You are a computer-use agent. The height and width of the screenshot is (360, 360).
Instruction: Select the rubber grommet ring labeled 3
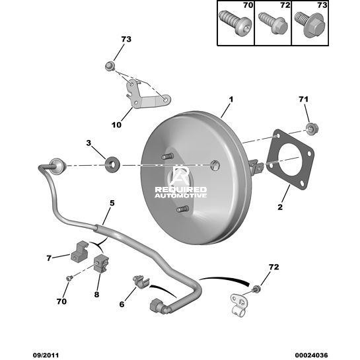coord(112,164)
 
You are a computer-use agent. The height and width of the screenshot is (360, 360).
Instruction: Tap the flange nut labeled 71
coord(312,128)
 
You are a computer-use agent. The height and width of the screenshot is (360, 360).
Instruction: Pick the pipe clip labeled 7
coord(80,252)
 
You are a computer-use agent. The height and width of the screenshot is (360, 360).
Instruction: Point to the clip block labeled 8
coord(101,264)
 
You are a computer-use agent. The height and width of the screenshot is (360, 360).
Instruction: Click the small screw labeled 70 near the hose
coord(69,278)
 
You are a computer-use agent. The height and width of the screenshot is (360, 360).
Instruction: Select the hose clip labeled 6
coord(141,282)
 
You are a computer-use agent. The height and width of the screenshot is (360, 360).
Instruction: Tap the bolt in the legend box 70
coord(235,23)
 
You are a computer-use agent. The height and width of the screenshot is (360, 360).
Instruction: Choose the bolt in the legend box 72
coord(273,23)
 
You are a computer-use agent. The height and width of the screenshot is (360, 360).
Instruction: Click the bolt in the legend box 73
coord(310,24)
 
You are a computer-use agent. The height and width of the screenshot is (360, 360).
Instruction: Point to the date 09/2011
coord(46,355)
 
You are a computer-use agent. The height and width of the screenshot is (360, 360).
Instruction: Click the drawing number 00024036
coord(311,355)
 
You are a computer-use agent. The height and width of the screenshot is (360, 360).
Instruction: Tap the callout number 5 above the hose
coord(112,203)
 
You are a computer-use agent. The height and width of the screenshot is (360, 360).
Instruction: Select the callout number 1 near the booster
coord(231,100)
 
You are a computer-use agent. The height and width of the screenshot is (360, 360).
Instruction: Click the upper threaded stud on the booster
coord(167,157)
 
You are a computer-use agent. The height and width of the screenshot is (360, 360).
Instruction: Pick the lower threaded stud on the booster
coord(183,209)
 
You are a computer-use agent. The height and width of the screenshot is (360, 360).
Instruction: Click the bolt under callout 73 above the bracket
coord(110,67)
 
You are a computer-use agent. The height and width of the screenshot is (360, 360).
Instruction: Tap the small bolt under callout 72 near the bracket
coord(257,289)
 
